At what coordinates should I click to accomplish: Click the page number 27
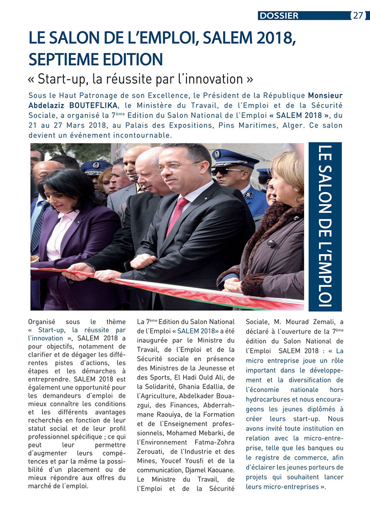(358, 15)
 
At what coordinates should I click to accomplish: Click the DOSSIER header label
(279, 15)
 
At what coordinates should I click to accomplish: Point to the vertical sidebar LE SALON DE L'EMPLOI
(325, 226)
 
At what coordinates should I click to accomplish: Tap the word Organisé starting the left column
(42, 321)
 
